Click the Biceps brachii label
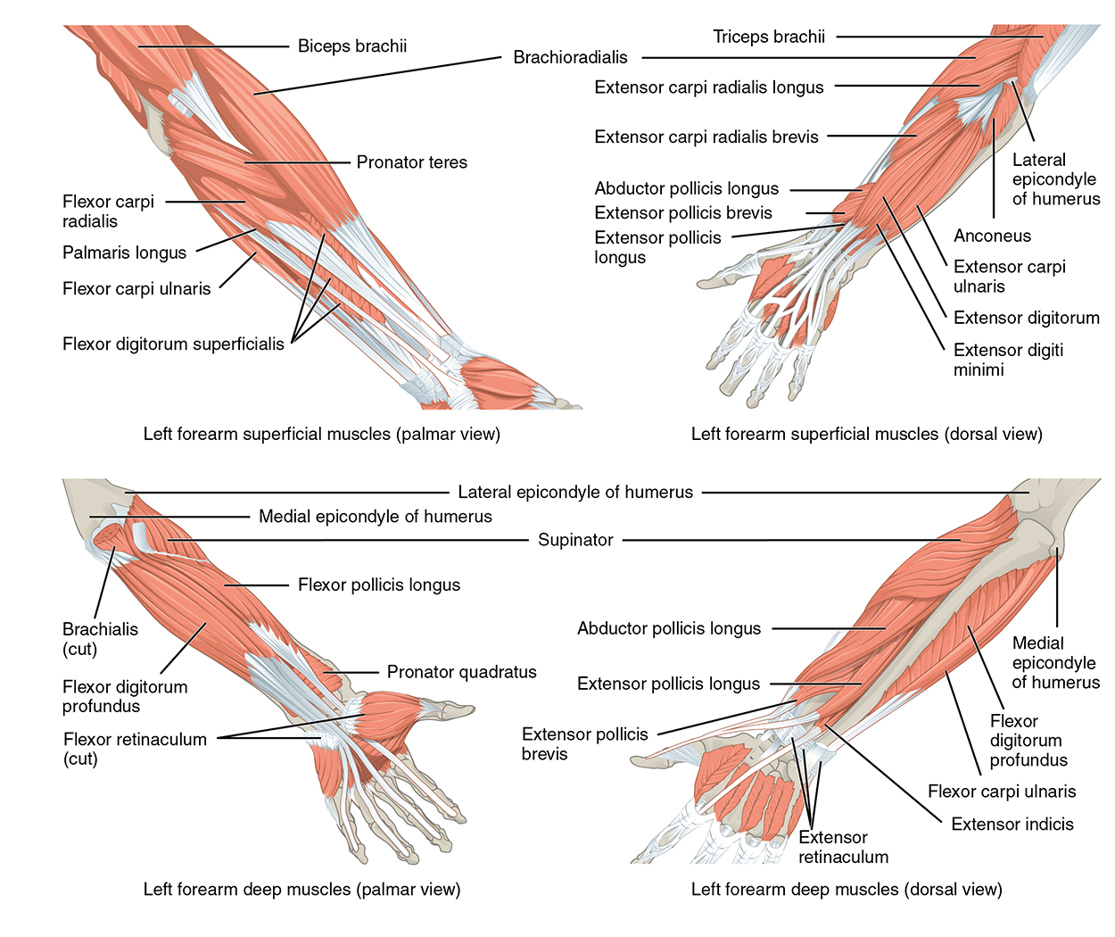click(351, 46)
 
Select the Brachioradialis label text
click(570, 58)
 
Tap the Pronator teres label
click(411, 162)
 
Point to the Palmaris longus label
click(124, 253)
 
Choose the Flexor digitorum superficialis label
click(173, 344)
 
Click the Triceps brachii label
click(768, 37)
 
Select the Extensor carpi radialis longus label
click(708, 87)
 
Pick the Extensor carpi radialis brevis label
click(706, 137)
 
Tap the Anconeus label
click(992, 236)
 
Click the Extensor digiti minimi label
click(1007, 360)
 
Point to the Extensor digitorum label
click(1026, 318)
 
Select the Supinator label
click(575, 540)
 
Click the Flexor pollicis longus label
click(378, 585)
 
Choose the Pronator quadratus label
click(461, 672)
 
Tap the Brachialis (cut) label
click(99, 639)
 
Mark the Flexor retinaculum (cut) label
click(134, 749)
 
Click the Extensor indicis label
click(1012, 824)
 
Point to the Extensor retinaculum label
click(843, 847)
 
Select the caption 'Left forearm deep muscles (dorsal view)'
click(847, 889)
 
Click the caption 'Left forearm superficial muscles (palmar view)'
click(321, 435)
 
